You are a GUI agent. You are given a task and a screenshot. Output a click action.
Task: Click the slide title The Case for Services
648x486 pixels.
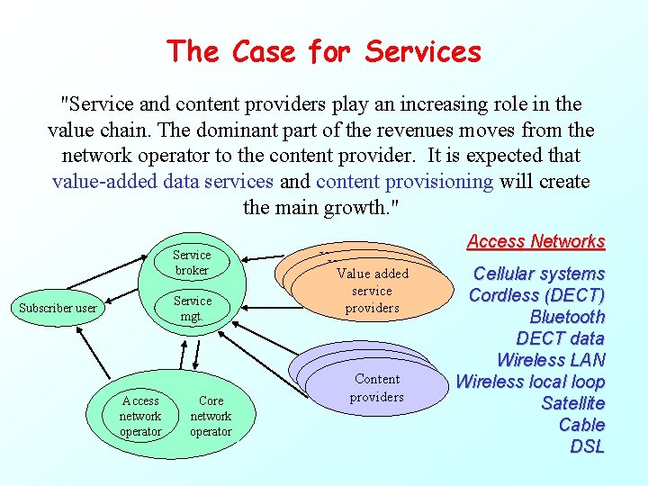coord(324,51)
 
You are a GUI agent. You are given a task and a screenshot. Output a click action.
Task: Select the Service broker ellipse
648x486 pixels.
coord(192,262)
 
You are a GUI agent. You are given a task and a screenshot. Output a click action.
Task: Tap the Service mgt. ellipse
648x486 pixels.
coord(193,308)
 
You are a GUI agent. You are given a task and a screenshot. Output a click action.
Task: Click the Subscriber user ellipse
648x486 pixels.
coord(58,308)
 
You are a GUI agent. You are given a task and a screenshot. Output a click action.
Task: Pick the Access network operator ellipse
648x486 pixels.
coord(140,416)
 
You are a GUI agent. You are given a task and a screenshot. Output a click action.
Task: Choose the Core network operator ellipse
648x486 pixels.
coord(211,416)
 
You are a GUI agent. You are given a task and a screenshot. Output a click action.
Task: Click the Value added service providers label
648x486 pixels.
coord(373,291)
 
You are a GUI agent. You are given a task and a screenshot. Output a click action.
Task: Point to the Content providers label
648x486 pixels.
coord(376,388)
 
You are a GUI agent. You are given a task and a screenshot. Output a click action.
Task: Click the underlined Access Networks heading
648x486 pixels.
coord(535,241)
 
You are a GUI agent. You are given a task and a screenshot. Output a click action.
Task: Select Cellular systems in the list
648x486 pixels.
coord(538,274)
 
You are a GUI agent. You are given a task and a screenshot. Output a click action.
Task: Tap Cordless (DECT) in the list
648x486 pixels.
coord(536,295)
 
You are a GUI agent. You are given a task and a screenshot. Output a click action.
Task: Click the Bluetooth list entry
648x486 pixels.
coord(567,317)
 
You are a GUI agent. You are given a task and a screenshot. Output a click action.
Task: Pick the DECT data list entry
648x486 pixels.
coord(560,338)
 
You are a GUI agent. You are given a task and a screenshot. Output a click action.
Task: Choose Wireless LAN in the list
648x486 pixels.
coord(550,360)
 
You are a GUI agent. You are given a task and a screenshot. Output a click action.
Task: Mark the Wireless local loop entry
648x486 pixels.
coord(530,382)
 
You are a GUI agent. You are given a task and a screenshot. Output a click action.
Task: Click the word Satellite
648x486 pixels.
coord(572,403)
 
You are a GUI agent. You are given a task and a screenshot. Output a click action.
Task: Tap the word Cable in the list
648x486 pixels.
coord(581,425)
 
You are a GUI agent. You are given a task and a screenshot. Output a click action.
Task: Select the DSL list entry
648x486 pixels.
coord(588,446)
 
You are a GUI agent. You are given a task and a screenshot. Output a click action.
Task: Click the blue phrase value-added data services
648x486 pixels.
coord(163,181)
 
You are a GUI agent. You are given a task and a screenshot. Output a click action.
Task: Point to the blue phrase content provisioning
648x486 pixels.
coord(404,181)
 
